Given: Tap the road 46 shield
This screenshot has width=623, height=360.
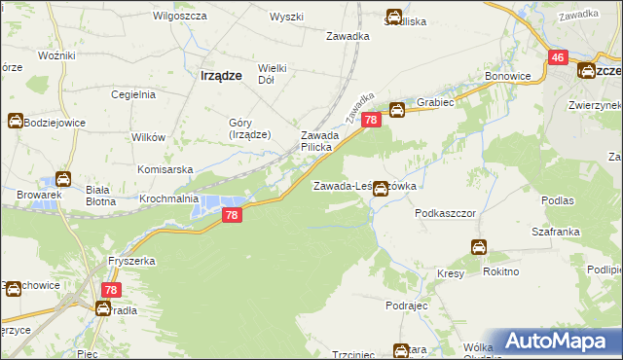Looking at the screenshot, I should click(x=557, y=58).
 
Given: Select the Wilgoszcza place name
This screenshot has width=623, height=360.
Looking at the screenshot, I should click(x=176, y=17).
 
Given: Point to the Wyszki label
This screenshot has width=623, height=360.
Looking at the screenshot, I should click(x=287, y=17).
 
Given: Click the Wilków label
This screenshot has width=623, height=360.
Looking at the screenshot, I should click(x=146, y=137).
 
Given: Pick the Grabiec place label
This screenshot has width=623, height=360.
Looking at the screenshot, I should click(x=436, y=101).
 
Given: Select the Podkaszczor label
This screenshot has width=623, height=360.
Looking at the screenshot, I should click(x=443, y=211).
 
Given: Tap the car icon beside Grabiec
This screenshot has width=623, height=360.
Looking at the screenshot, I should click(x=397, y=110).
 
